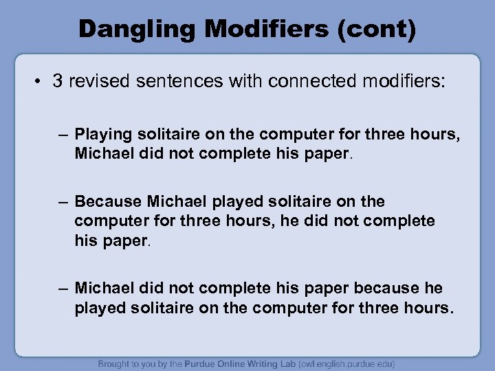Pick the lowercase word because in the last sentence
pos(388,288)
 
